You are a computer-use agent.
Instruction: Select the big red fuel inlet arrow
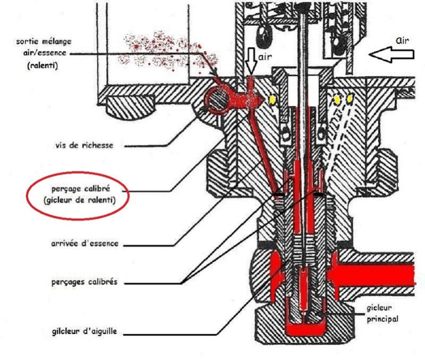372,275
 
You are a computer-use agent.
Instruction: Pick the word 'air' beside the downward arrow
266,54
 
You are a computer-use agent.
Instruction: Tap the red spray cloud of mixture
159,48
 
